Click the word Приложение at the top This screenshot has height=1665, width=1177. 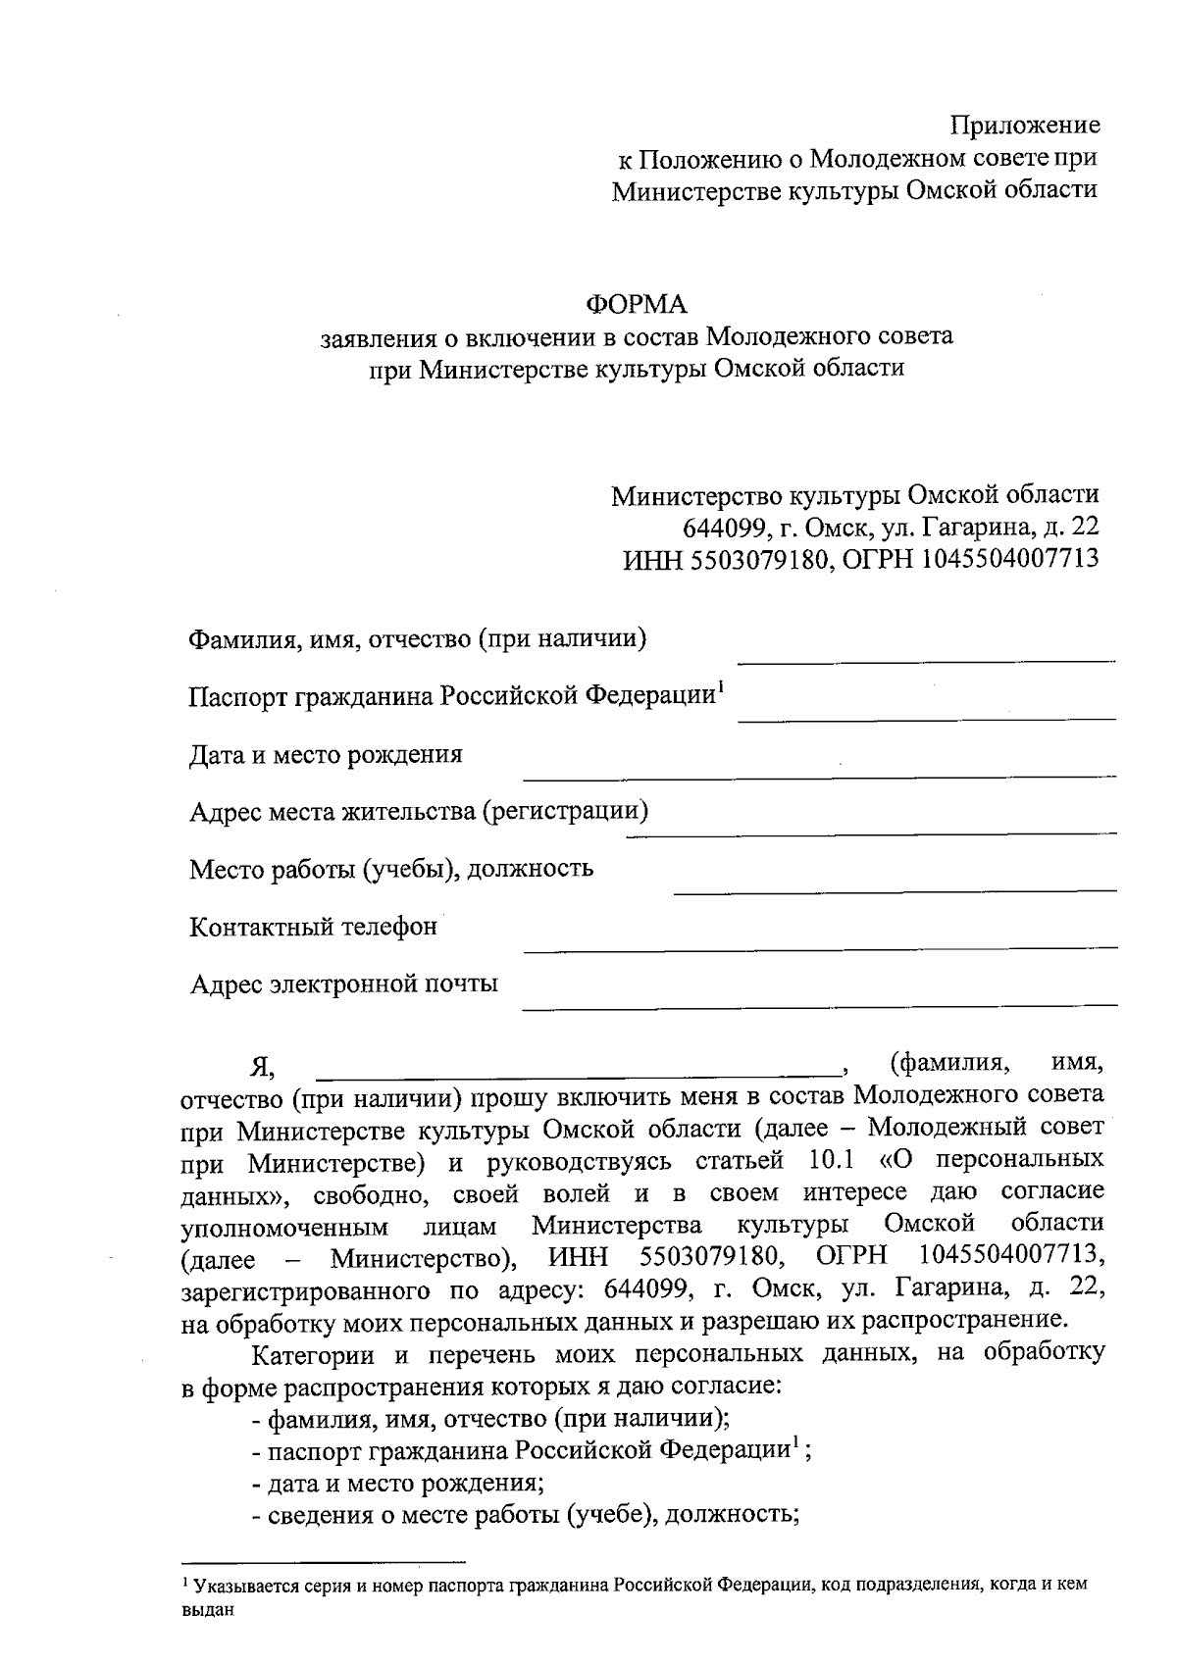1025,126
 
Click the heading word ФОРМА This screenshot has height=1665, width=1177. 637,303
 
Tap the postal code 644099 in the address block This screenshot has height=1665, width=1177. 723,527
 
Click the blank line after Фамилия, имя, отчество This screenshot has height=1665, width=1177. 926,661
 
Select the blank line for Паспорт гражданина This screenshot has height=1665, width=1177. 926,719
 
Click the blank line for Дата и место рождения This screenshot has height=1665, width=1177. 819,776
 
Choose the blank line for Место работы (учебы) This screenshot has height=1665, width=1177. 895,890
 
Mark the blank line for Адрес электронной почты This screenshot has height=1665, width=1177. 819,1005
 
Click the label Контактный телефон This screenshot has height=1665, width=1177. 313,927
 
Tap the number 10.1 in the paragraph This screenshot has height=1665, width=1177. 832,1161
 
